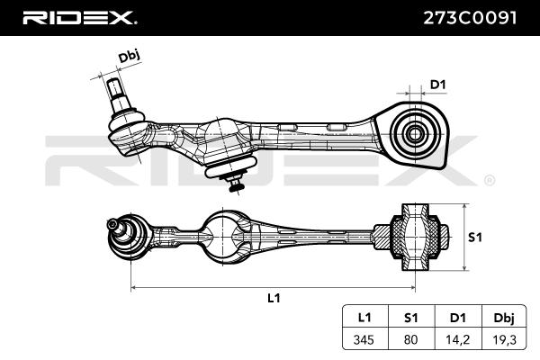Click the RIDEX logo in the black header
[80, 18]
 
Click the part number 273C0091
[470, 18]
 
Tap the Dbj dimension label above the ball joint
[129, 56]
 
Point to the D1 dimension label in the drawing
[438, 85]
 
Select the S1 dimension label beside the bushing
[475, 237]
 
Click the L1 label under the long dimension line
[274, 298]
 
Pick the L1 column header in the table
[364, 318]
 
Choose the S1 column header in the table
[410, 318]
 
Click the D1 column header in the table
[458, 318]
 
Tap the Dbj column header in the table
[504, 318]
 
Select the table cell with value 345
[364, 339]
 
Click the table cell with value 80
[410, 339]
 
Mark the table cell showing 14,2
[458, 340]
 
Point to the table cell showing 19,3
[504, 340]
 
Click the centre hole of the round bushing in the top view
[415, 134]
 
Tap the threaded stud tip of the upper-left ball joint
[114, 85]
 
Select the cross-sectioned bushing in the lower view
[415, 238]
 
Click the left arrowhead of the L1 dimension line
[133, 287]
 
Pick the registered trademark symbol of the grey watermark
[490, 181]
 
